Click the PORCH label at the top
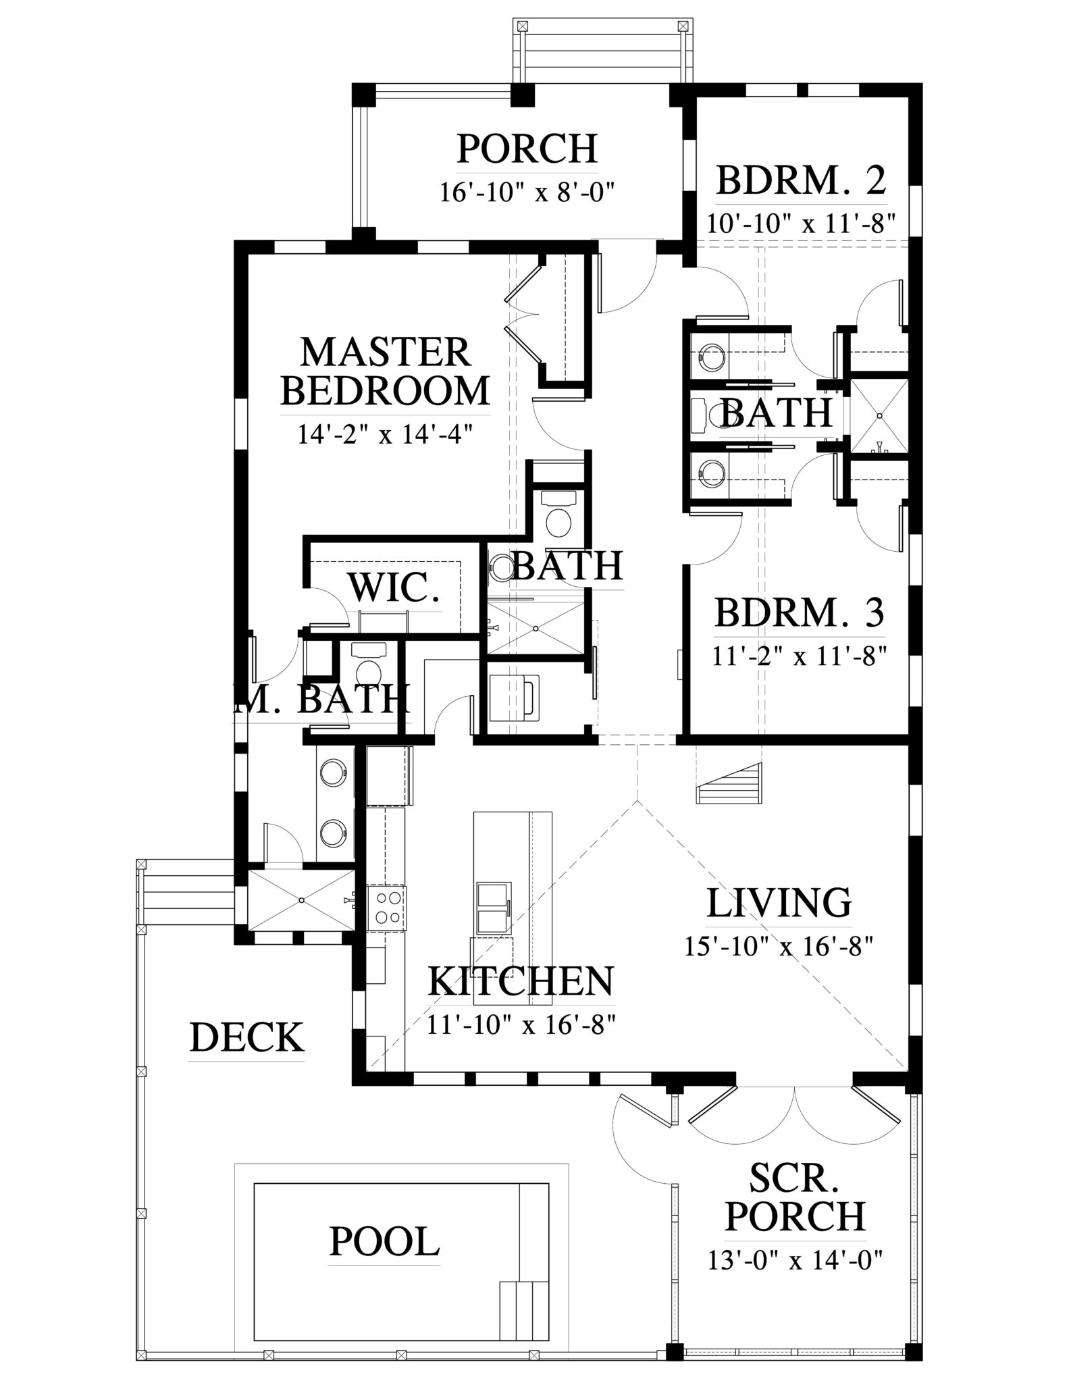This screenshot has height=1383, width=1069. pos(527,149)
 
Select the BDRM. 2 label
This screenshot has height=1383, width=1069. pos(801,180)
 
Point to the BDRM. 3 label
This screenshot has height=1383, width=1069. pos(800,613)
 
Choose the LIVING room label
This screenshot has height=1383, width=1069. pos(779,903)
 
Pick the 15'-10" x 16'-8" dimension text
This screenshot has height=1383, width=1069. pos(780,947)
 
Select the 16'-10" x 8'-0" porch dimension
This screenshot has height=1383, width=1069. pos(527,193)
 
